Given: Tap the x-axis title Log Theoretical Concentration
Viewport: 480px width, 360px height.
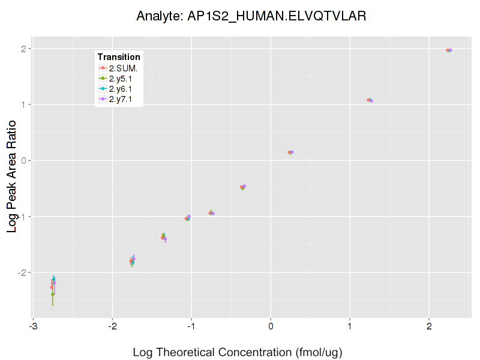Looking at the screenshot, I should click(x=238, y=352).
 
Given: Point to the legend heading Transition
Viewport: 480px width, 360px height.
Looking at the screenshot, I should click(x=119, y=57).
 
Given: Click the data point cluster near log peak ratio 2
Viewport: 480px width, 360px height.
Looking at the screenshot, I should click(x=449, y=50).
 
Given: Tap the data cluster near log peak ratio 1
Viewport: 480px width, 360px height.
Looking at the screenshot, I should click(x=370, y=100).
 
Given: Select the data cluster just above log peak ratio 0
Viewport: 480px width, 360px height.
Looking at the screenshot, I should click(x=290, y=152).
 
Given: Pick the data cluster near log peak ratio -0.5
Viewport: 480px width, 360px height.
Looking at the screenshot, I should click(x=243, y=187).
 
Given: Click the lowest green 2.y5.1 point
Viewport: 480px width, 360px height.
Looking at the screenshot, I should click(x=53, y=294).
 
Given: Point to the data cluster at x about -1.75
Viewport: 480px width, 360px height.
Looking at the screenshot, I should click(x=132, y=261).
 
